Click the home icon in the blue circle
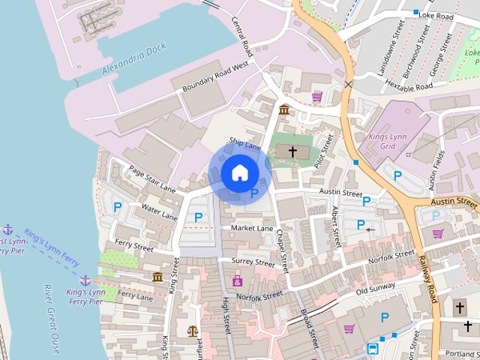pos(239,172)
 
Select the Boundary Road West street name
pos(215,78)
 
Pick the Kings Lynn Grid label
pos(388,142)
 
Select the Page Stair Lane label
pos(151,178)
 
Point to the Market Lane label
pos(252,228)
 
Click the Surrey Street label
pos(253,262)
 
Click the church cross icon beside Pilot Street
pos(292,152)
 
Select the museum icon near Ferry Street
pos(157,277)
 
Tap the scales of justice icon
pos(193,330)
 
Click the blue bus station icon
pos(373,349)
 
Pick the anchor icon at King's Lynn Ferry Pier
pos(85,280)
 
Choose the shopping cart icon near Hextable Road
pos(317,97)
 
